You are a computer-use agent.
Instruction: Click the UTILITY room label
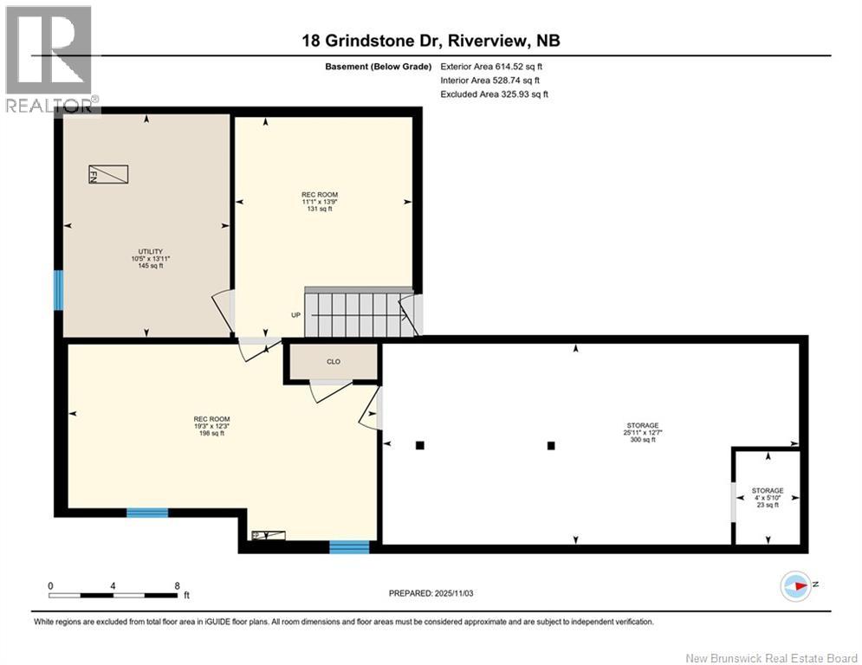(x=145, y=251)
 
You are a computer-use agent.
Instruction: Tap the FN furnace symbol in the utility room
(x=108, y=174)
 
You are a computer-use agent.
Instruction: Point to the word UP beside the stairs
(x=295, y=315)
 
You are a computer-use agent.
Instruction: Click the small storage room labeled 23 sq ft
(x=767, y=497)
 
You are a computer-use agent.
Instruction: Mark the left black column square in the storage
(x=419, y=446)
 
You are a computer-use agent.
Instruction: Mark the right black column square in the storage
(x=551, y=447)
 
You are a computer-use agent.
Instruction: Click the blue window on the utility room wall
(x=59, y=289)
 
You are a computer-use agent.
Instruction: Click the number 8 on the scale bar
(x=177, y=585)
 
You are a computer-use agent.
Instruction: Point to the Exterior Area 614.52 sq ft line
(x=491, y=67)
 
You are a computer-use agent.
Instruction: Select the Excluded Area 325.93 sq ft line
(x=494, y=94)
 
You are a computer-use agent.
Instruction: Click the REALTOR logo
(x=49, y=58)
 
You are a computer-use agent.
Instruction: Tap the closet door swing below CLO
(x=325, y=391)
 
